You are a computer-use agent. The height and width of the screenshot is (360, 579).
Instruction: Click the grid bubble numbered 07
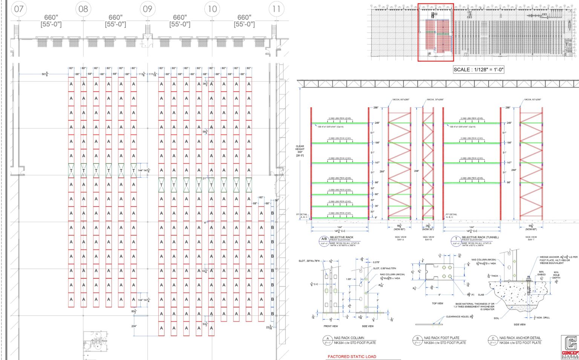pos(19,9)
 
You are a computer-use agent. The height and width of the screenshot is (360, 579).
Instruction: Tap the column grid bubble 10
pos(212,9)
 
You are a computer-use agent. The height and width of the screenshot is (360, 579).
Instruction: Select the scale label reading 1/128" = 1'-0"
pos(478,69)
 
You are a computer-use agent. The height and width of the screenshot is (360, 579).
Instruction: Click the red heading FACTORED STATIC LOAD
pos(352,356)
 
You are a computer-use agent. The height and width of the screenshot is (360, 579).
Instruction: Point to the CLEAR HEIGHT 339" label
pos(300,151)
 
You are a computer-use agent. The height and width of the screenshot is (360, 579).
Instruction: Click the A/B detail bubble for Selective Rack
pos(324,239)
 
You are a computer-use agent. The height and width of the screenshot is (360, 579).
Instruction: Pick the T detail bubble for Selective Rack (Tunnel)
pos(456,239)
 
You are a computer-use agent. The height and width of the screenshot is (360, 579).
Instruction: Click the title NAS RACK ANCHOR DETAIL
pos(520,338)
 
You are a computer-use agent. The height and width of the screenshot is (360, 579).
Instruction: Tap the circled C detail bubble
pos(493,340)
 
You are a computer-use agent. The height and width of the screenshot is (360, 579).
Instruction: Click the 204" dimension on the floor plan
pos(134,326)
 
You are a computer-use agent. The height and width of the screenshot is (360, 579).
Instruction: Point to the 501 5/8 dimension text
pos(45,74)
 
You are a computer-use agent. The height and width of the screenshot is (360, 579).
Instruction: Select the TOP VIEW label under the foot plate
pos(437,303)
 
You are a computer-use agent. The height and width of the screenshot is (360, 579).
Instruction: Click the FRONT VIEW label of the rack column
pos(331,326)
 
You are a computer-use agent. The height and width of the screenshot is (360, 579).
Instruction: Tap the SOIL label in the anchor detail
pos(496,318)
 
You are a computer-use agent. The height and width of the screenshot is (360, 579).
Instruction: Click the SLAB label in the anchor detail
pos(481,295)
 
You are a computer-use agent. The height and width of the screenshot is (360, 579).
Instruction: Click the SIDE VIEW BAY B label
pos(428,238)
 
